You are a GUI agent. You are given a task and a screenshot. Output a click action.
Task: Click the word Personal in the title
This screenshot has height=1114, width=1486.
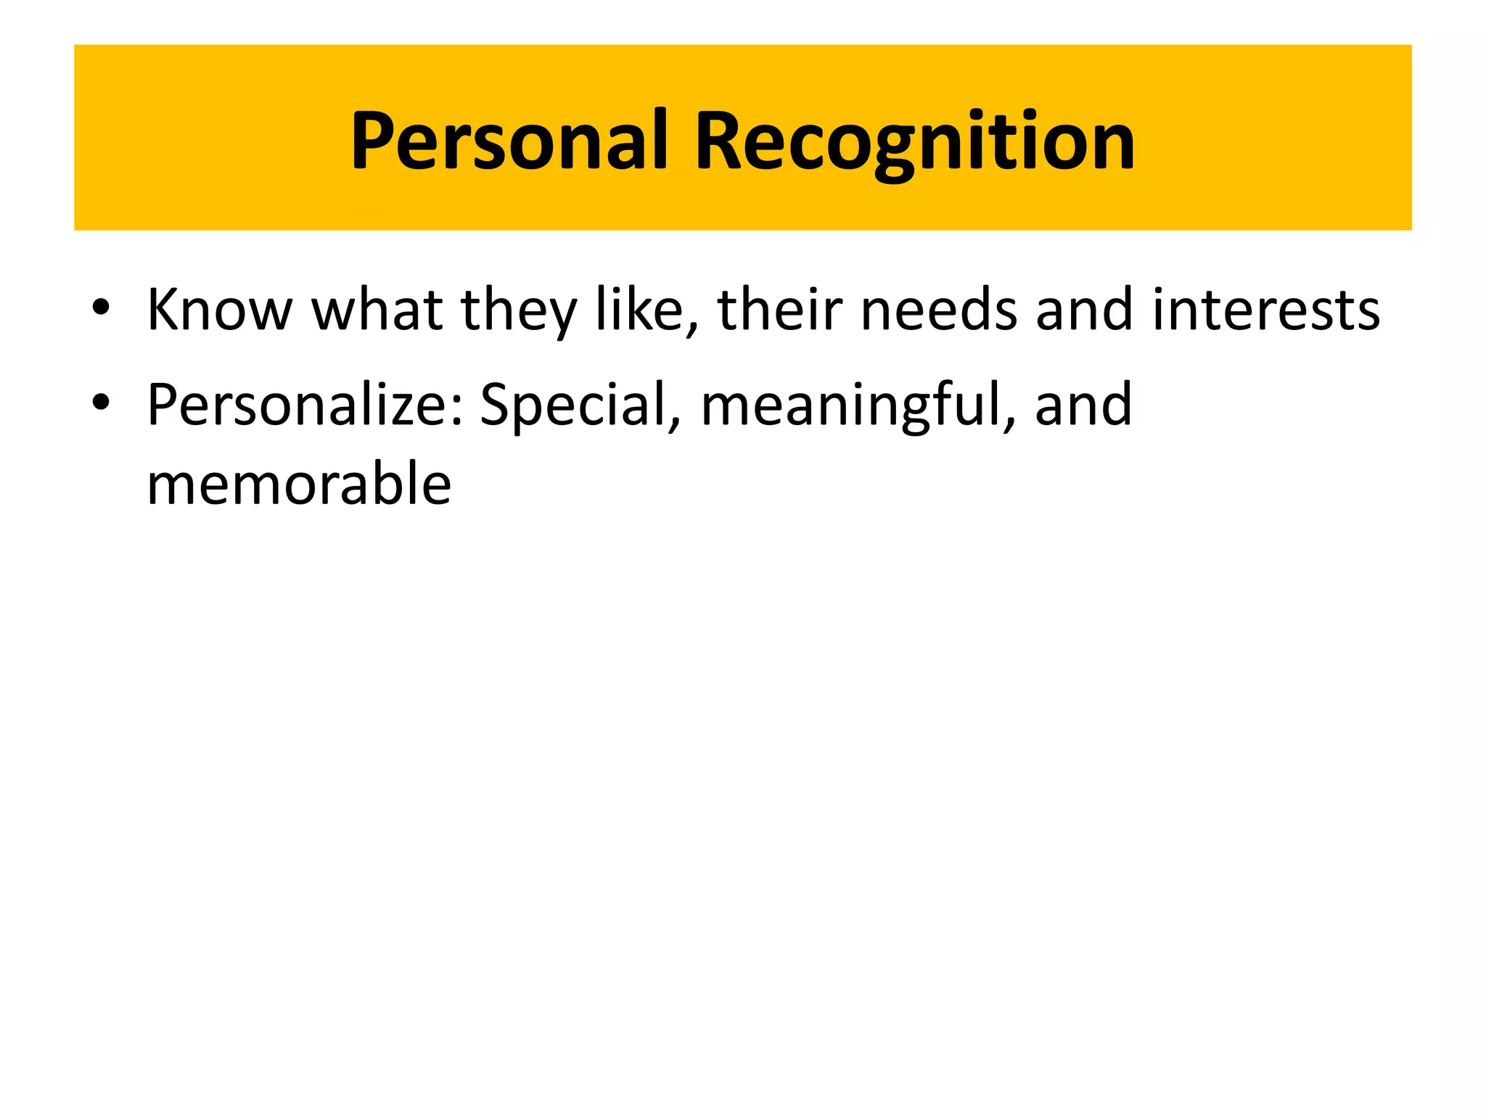tap(508, 141)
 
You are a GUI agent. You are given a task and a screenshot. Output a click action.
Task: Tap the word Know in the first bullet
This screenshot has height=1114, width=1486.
tap(219, 310)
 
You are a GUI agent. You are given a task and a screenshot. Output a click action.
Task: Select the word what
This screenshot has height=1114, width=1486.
tap(377, 310)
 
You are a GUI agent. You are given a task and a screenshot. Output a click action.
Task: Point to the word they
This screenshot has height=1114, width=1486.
tap(518, 310)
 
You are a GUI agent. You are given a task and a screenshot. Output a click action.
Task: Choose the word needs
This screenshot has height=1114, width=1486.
tap(939, 310)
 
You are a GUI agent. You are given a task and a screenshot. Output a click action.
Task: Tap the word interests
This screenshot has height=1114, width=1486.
tap(1266, 310)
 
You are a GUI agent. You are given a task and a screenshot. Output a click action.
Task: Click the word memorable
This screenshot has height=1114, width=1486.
tap(299, 484)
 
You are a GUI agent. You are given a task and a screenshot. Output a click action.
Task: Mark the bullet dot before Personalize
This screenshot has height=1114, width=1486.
tap(101, 403)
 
